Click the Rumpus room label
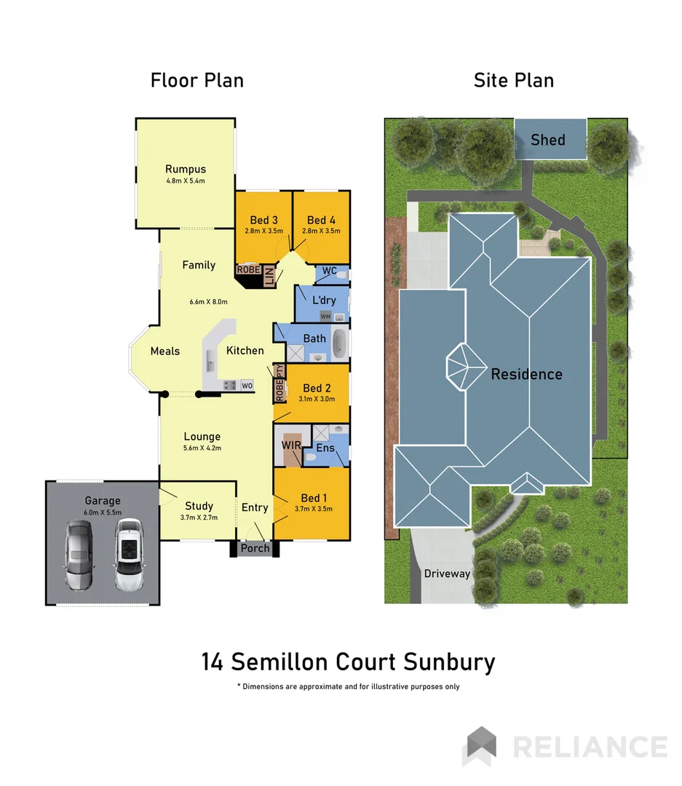[185, 170]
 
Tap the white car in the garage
[127, 555]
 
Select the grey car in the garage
[78, 555]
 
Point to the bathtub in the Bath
[340, 343]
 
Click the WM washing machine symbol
[325, 317]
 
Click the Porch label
[255, 548]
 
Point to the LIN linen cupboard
[269, 277]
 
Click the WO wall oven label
[247, 385]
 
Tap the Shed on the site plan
[548, 139]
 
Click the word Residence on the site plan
[526, 374]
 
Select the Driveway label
[447, 573]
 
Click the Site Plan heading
[513, 80]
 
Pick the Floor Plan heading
[197, 80]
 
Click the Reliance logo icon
[480, 746]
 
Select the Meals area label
[164, 351]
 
